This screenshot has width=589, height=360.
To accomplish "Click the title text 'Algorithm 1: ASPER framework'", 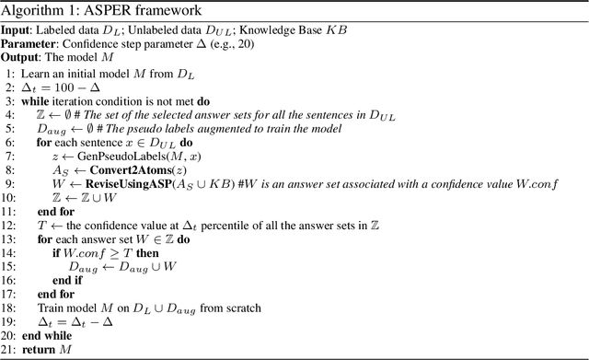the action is tap(91, 9).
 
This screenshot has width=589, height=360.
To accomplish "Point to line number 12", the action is tap(9, 225).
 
